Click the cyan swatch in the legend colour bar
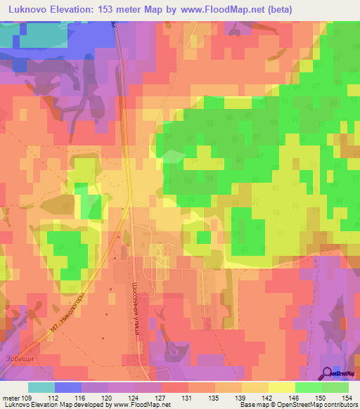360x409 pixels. coord(41,387)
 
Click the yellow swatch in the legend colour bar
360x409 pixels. coord(282,387)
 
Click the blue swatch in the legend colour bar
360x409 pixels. coord(68,387)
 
